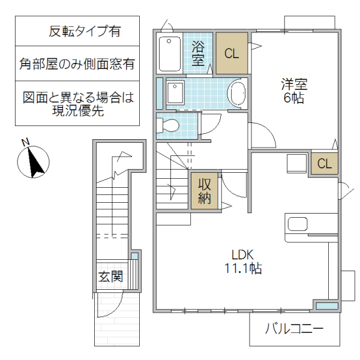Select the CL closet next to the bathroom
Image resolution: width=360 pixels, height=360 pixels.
point(232,53)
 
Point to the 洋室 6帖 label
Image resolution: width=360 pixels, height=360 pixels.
point(293,90)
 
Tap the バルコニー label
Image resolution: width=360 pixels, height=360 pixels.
point(294,329)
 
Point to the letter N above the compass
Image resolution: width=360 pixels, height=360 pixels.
point(26,143)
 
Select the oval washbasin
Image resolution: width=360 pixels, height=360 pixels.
point(238,95)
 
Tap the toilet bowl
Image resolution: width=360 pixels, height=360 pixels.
point(169,125)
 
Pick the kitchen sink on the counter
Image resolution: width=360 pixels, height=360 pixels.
point(298,224)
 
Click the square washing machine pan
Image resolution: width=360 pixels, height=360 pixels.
point(176,94)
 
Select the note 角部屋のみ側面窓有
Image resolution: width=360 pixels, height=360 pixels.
point(76,63)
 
